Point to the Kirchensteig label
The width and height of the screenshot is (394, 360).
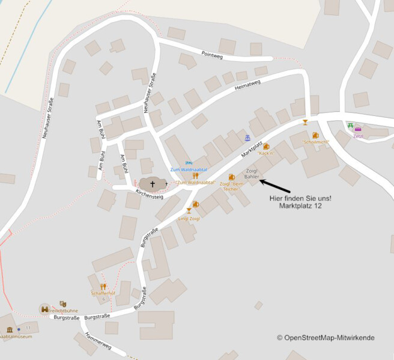coord(150,194)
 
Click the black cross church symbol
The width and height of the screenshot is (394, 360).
coord(153,184)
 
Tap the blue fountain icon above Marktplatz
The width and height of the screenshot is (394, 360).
coord(247,138)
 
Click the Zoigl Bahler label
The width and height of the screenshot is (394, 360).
coord(252,175)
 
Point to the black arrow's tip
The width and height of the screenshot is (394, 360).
coord(261,179)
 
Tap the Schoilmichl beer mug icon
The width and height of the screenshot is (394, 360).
coord(315,135)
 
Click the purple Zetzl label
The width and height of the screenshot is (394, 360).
coord(359,136)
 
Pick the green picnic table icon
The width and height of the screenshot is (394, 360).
coord(350,126)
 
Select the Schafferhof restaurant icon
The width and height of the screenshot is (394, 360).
coord(103,286)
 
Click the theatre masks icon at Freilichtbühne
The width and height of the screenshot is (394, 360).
coord(62,304)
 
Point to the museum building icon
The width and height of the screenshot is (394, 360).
coord(10,329)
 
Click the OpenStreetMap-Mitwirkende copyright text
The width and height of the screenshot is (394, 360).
coord(326,338)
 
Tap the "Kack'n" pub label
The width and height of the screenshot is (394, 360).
coord(266,153)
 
